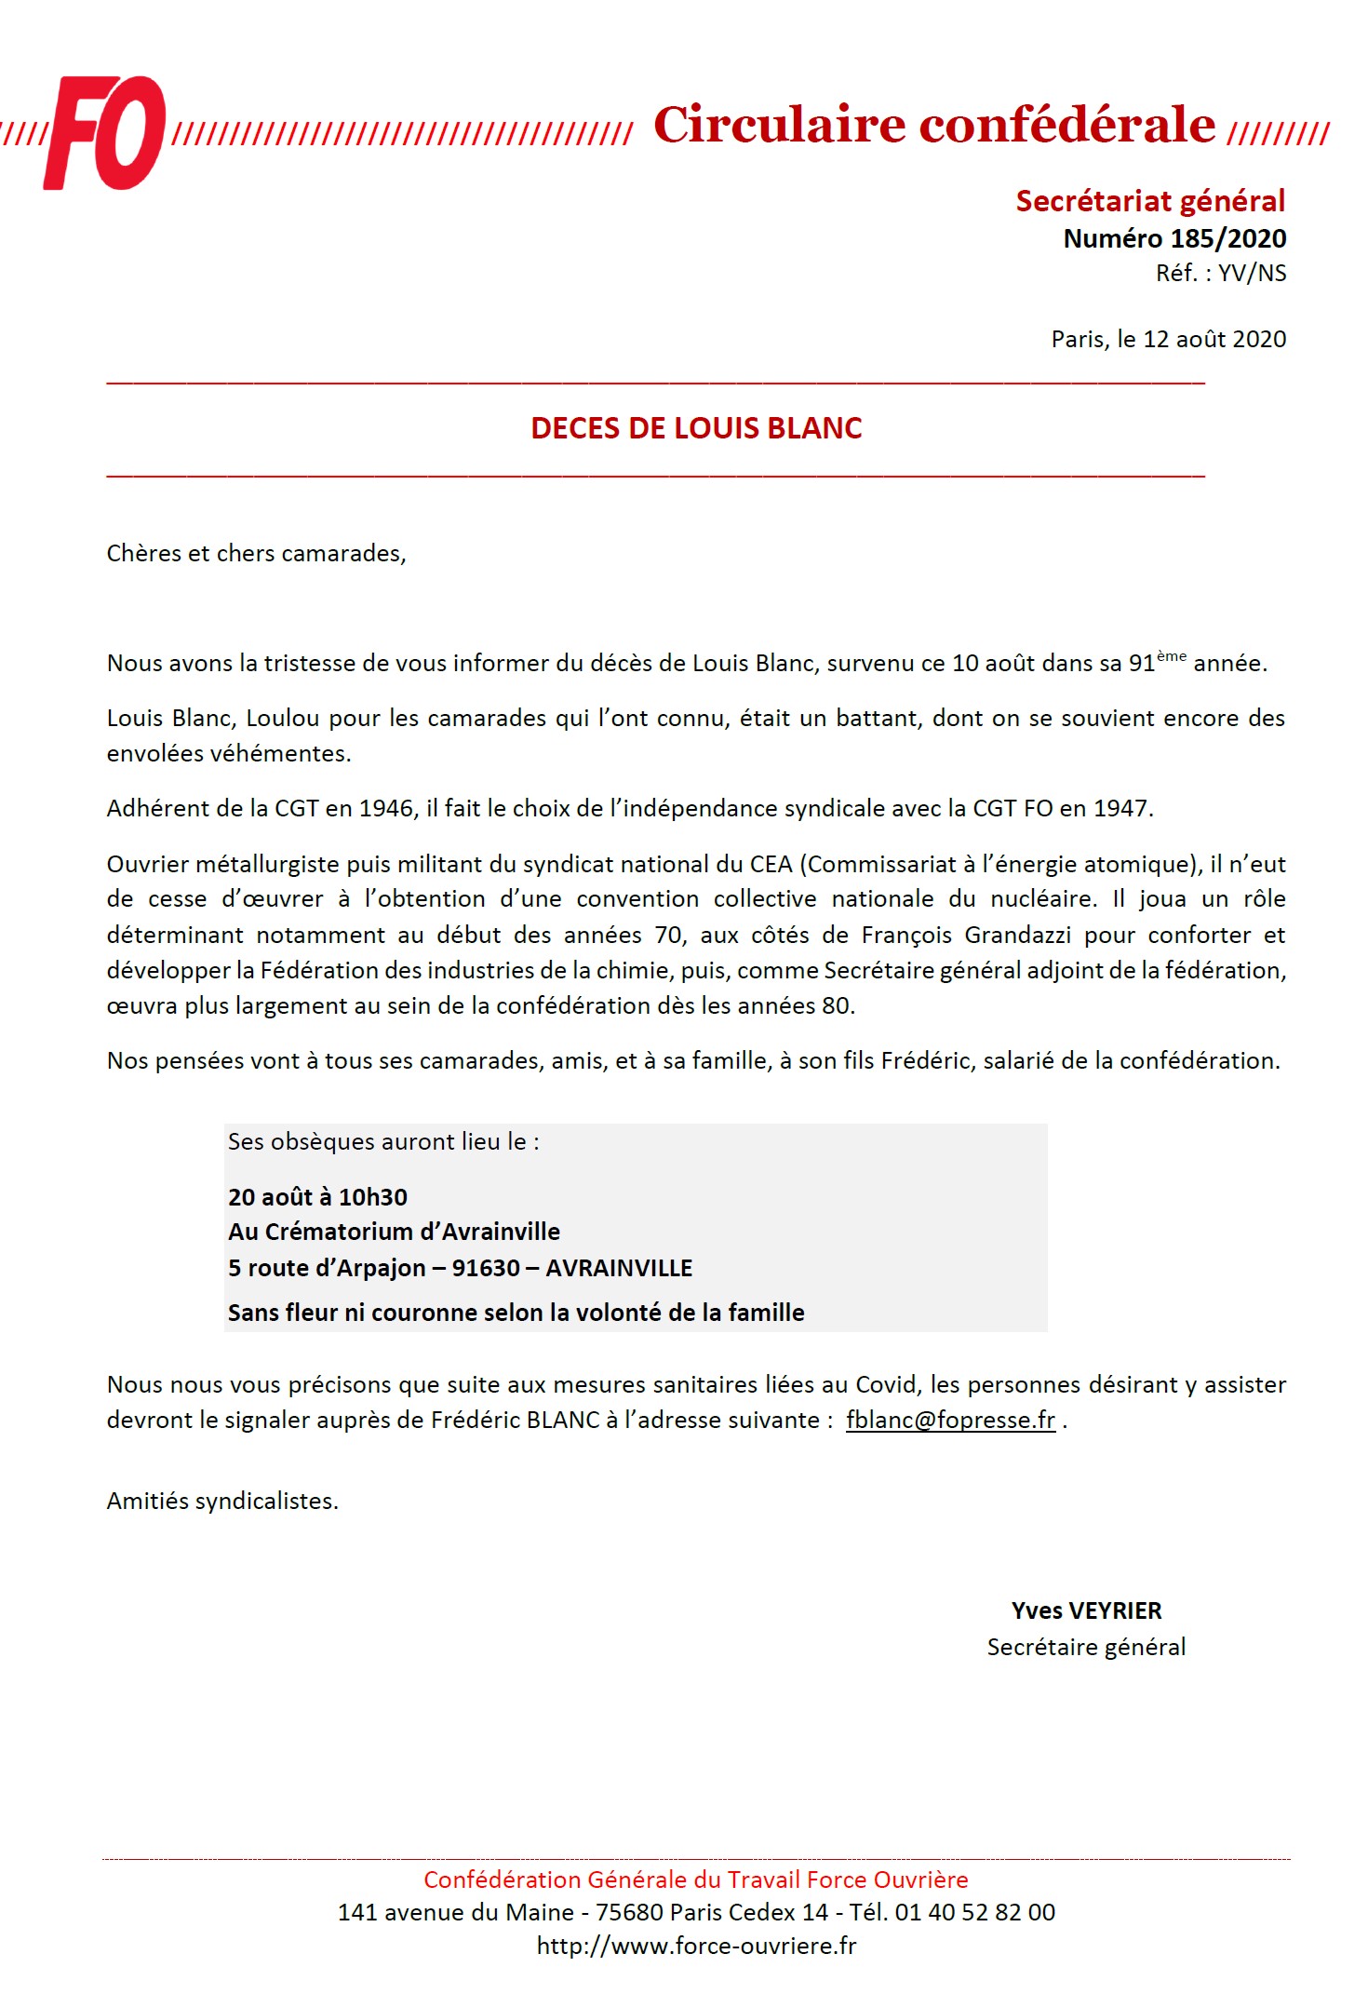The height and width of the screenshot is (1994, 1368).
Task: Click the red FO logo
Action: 105,132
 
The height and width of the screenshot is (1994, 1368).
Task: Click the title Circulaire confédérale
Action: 933,125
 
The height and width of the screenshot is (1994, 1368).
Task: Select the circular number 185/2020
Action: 1227,239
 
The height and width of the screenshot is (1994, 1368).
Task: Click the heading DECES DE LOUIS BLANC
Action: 696,428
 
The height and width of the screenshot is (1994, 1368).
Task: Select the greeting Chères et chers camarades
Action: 256,554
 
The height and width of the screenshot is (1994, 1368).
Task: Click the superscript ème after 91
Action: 1171,656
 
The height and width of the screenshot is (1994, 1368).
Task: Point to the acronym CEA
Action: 771,865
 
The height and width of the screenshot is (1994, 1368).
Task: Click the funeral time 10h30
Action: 372,1198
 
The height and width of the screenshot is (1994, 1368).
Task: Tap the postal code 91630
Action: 486,1269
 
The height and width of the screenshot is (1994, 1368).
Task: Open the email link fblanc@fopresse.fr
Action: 950,1421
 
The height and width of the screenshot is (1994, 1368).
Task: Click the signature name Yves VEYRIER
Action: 1086,1611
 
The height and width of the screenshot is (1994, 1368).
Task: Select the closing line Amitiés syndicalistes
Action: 222,1502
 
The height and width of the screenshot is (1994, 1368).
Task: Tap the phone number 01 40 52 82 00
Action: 974,1913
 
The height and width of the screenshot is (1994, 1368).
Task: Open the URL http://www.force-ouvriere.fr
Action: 696,1947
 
